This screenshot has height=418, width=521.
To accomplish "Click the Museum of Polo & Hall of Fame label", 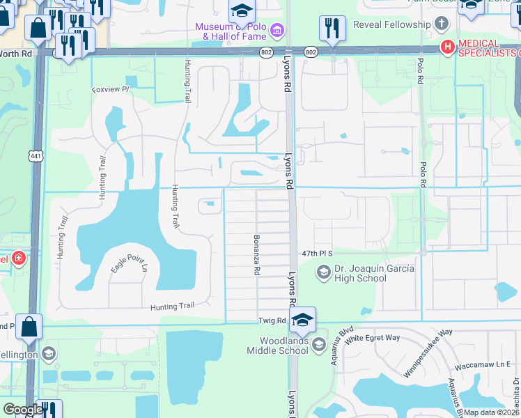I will tap(233, 32).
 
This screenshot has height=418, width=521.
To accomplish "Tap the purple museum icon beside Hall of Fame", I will tap(277, 31).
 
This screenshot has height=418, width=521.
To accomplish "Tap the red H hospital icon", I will tap(446, 47).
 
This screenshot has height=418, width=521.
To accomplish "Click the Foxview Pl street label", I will tap(111, 89).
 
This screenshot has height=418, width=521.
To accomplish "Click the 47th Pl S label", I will tap(318, 254).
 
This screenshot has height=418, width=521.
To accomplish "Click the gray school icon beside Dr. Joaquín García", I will tap(323, 273).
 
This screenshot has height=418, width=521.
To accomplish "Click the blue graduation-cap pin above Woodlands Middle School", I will tap(302, 320).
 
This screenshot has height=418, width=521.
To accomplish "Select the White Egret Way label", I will tap(373, 338).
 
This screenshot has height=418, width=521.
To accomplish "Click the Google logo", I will tap(23, 410).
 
